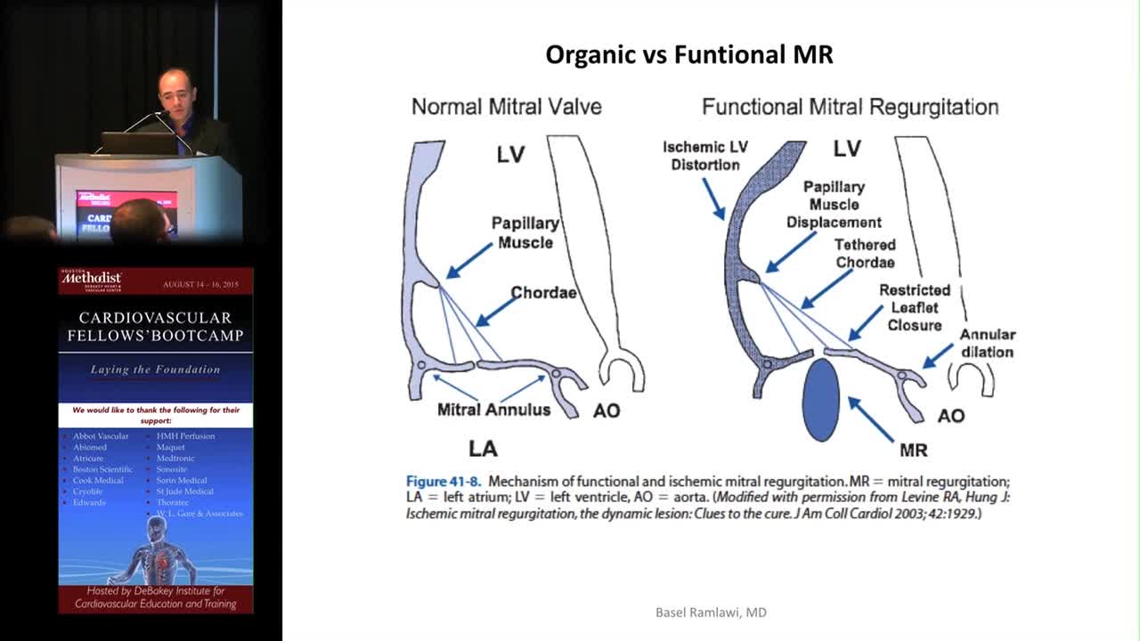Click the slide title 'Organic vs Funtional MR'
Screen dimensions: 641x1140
(x=688, y=55)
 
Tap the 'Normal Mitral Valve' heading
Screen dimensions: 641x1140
(x=506, y=107)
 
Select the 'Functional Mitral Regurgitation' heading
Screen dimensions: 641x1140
(x=850, y=107)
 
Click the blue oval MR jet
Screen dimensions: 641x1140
(x=820, y=400)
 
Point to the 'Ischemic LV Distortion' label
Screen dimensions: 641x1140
(x=705, y=156)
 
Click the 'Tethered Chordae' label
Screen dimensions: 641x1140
(x=864, y=254)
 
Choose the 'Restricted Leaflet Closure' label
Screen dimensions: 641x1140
(x=915, y=307)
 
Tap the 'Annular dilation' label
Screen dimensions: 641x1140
(x=987, y=343)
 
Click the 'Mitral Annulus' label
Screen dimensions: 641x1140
(x=493, y=410)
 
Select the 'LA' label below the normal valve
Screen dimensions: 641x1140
(x=483, y=448)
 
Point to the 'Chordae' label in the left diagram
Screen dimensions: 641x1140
(x=543, y=293)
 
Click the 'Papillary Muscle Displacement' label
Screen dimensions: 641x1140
(x=834, y=205)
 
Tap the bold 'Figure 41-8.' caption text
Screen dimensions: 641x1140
(x=444, y=482)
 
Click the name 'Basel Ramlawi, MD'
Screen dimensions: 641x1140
(x=711, y=613)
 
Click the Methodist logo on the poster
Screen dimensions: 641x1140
(x=91, y=281)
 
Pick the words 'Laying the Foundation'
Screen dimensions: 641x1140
(x=155, y=369)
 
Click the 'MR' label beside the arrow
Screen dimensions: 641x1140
(x=913, y=450)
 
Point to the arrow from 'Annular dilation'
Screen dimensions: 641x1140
(x=938, y=355)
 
